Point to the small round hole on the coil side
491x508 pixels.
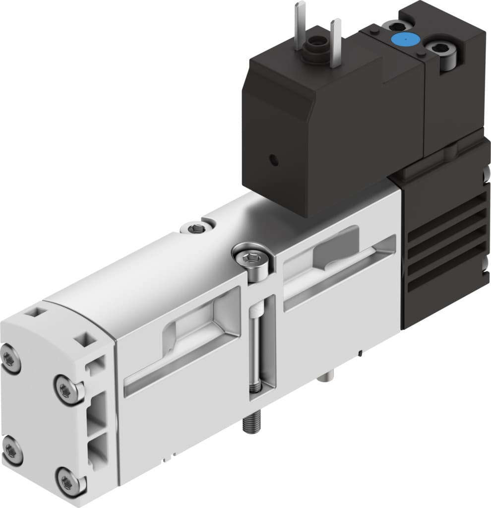tap(272, 160)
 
